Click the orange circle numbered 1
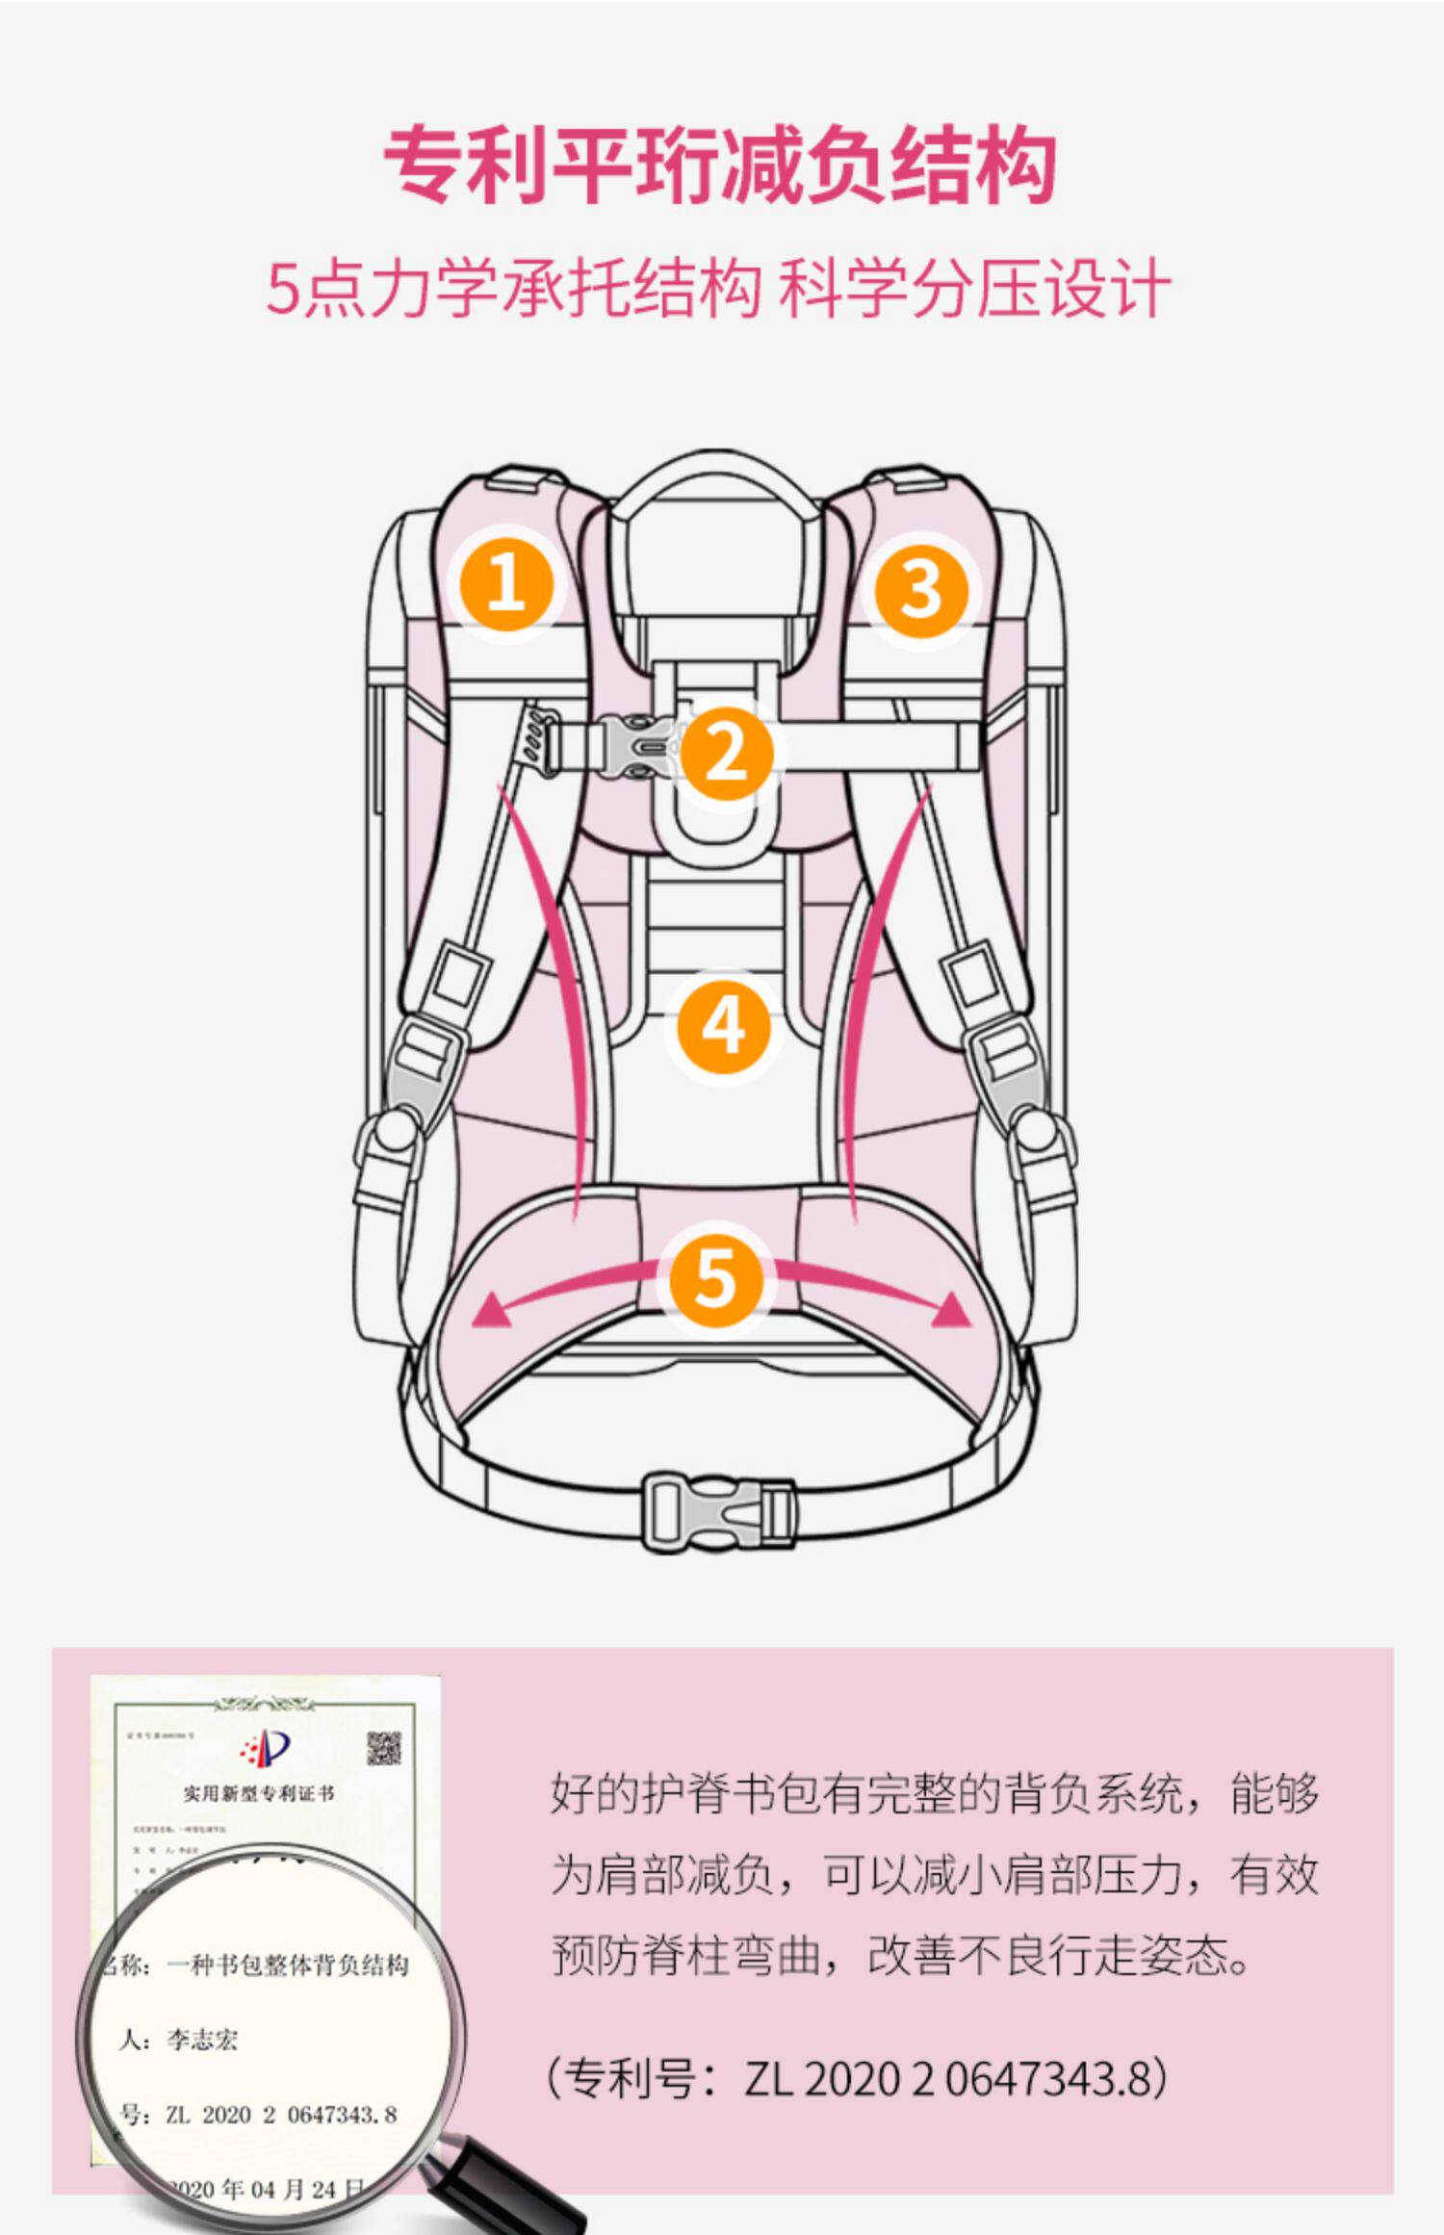coord(506,583)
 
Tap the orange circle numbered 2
coord(727,753)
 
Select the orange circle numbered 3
coord(921,588)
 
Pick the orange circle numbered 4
coord(724,1027)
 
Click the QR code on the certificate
coord(383,1748)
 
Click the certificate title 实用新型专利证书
coord(259,1793)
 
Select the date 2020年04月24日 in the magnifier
coord(265,2190)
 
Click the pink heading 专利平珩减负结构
coord(720,166)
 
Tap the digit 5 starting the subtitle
coord(283,289)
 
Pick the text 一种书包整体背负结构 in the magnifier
coord(288,1965)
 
